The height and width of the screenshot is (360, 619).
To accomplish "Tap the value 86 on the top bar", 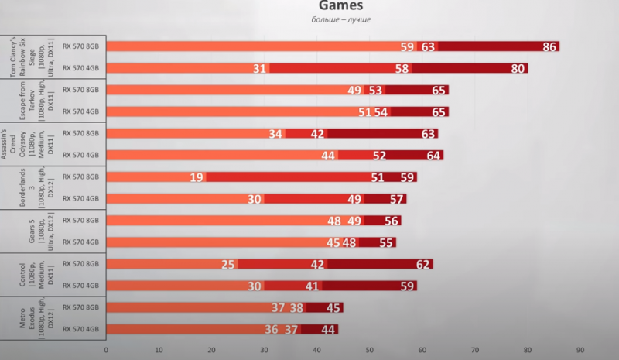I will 550,46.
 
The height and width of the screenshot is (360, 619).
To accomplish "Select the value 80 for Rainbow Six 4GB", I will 518,68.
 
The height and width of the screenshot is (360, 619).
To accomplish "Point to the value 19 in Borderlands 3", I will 197,177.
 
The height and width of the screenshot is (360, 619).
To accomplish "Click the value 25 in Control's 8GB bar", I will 228,265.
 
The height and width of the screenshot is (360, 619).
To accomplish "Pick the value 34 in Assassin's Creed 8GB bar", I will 275,134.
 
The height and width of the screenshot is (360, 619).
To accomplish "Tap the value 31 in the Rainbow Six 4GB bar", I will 260,68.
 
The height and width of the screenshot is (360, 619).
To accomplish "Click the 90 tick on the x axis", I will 580,349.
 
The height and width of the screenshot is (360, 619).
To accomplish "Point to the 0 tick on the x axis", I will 106,349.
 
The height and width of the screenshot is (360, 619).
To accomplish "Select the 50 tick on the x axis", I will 369,349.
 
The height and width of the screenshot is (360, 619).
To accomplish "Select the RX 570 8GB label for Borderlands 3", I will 81,177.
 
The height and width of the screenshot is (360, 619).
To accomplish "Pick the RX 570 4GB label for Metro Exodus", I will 81,329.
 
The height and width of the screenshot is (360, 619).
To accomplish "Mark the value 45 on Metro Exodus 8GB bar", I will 334,308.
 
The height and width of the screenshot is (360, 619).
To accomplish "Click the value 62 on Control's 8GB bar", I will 424,265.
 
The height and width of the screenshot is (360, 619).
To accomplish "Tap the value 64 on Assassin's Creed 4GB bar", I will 434,156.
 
